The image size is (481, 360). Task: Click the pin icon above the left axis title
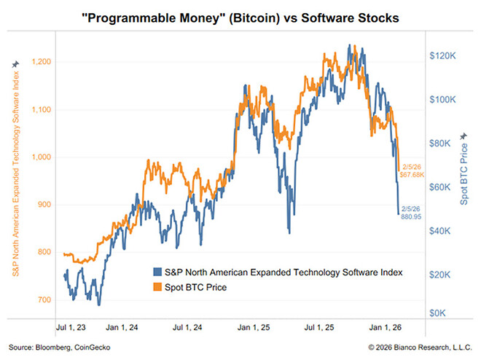[x=15, y=64]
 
